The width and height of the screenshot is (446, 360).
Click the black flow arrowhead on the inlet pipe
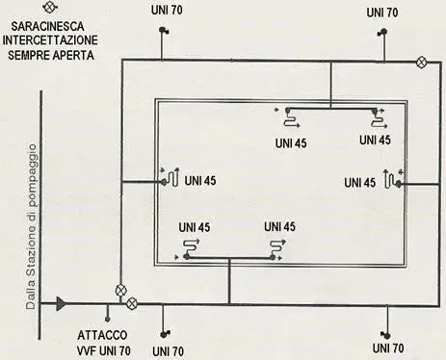pyautogui.click(x=62, y=304)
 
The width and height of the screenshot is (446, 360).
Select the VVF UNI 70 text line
pyautogui.click(x=104, y=350)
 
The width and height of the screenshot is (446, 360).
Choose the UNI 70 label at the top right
pyautogui.click(x=382, y=13)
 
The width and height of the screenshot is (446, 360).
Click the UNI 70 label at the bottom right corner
pyautogui.click(x=385, y=346)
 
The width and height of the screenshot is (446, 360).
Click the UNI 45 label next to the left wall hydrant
pyautogui.click(x=200, y=180)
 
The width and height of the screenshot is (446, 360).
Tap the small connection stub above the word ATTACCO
pyautogui.click(x=108, y=313)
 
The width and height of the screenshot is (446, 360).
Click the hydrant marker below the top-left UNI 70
pyautogui.click(x=162, y=32)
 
